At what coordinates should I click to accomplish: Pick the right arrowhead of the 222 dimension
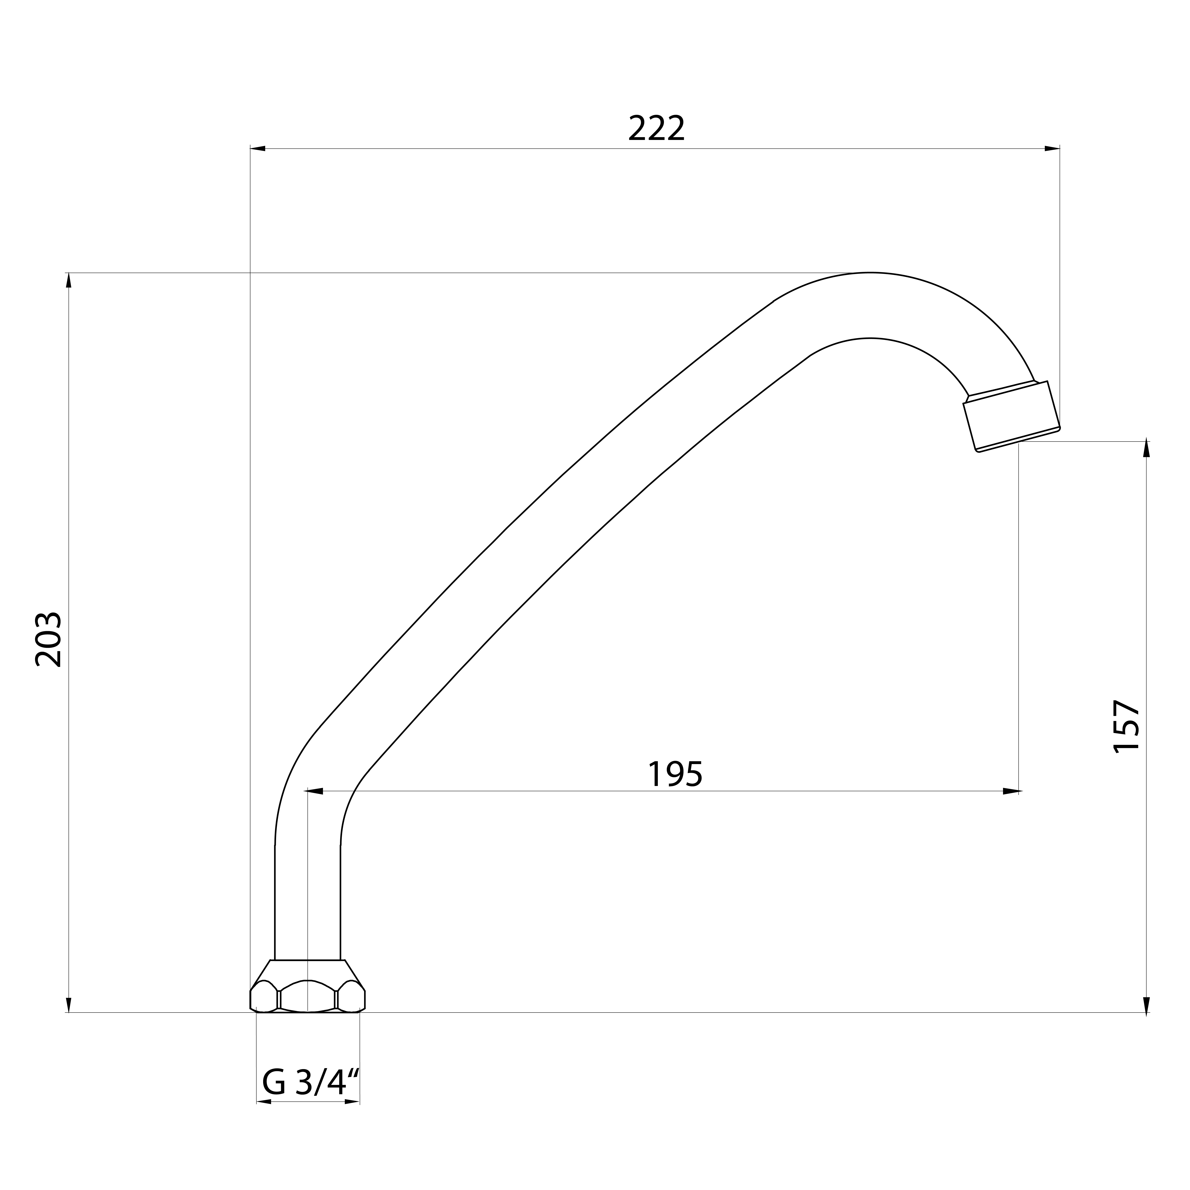point(1052,149)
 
